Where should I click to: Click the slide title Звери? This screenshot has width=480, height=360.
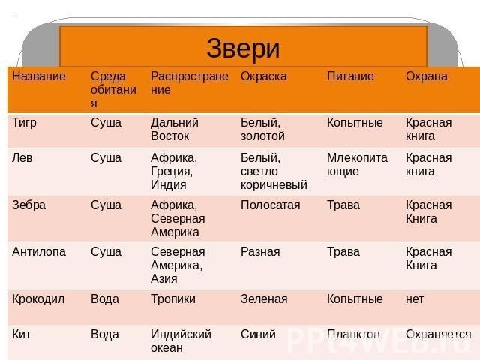point(243,48)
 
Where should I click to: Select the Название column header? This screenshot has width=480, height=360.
point(39,76)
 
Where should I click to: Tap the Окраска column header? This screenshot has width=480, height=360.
point(264,76)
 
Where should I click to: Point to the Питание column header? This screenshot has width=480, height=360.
point(350,76)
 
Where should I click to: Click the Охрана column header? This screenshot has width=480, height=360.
point(427,76)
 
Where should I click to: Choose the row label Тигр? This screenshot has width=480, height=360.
point(24,123)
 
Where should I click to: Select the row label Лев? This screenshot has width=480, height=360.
point(22,158)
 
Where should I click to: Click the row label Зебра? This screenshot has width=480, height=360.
point(28,205)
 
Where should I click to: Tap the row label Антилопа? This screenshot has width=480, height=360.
point(39,252)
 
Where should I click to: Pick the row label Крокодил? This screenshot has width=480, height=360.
point(38,299)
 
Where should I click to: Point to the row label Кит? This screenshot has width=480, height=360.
point(21,334)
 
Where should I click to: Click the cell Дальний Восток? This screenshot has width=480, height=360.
point(175,130)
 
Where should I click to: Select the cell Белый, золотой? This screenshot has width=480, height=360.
point(262,130)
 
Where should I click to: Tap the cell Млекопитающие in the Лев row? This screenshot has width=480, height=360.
point(357,165)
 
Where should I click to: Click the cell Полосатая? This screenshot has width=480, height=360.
point(270,205)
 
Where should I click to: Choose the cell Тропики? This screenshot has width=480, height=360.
point(173,299)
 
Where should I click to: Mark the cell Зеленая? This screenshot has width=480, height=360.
point(264,298)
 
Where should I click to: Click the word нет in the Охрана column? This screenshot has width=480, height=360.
point(415,299)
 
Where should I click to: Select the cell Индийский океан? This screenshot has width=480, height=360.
point(181,340)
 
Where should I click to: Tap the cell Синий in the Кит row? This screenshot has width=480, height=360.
point(258,334)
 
